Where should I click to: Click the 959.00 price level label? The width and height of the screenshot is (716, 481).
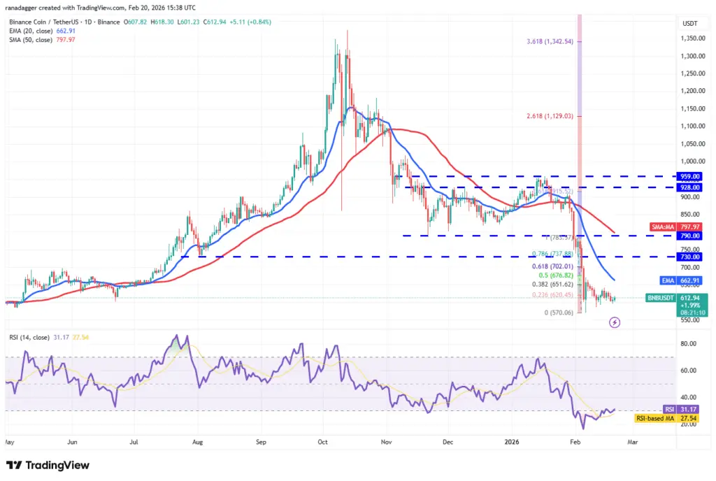pos(692,176)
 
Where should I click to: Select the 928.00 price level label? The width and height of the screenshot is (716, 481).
pos(692,187)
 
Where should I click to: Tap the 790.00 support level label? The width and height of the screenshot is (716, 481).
pos(692,236)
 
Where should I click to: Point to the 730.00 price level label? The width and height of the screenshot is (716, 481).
pos(692,257)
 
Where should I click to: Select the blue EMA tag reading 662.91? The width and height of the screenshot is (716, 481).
pos(682,280)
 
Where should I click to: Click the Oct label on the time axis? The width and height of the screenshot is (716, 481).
pos(322,442)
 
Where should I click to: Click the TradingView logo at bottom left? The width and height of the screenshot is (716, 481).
pos(48,465)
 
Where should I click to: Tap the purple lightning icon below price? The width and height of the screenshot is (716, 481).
pos(615,322)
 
